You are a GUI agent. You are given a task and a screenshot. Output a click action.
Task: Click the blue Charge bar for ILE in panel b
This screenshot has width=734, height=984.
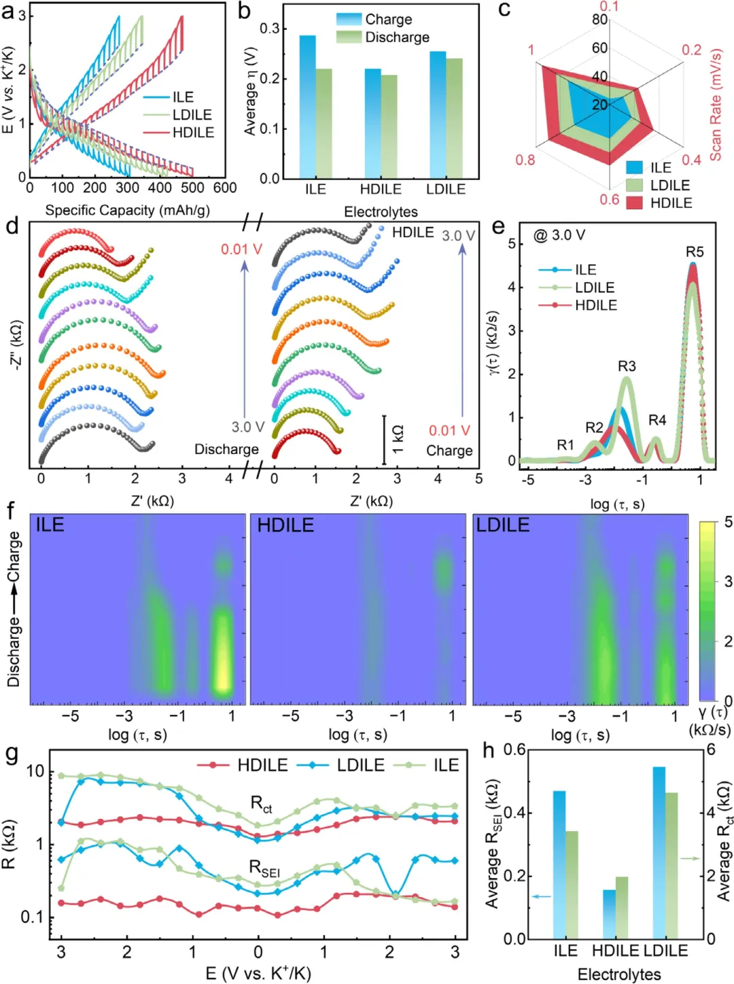pyautogui.click(x=308, y=107)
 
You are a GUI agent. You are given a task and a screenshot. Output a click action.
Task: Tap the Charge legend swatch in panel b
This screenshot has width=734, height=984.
pyautogui.click(x=349, y=19)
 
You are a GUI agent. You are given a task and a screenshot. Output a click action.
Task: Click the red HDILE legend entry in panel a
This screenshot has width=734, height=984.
pyautogui.click(x=193, y=133)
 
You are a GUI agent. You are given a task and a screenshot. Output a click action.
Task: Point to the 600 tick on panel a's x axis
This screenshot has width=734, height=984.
pyautogui.click(x=225, y=188)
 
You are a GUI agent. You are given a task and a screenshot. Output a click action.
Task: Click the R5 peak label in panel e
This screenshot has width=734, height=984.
pyautogui.click(x=695, y=252)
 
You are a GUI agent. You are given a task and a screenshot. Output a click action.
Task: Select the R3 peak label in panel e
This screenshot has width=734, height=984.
pyautogui.click(x=627, y=366)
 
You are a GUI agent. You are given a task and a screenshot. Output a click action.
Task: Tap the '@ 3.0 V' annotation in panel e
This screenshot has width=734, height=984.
pyautogui.click(x=559, y=235)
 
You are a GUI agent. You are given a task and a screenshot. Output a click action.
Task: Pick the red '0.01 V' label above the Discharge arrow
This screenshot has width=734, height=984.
pyautogui.click(x=241, y=249)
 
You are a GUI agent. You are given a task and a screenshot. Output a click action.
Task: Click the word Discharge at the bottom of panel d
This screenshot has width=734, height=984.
pyautogui.click(x=226, y=449)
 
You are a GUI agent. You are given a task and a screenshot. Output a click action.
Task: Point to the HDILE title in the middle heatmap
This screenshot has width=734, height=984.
pyautogui.click(x=285, y=525)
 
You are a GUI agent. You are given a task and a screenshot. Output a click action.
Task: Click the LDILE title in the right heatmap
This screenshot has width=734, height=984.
pyautogui.click(x=503, y=525)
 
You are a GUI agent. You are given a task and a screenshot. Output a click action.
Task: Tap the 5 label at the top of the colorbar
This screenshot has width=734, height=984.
pyautogui.click(x=729, y=523)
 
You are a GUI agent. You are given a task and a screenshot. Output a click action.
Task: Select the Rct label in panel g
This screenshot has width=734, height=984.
pyautogui.click(x=262, y=804)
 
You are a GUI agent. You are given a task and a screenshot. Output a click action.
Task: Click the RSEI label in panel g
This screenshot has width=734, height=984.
pyautogui.click(x=264, y=868)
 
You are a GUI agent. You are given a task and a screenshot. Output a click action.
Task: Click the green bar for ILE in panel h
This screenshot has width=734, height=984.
pyautogui.click(x=572, y=884)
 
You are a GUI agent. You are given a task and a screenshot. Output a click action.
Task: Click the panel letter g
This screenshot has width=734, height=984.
pyautogui.click(x=12, y=755)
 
